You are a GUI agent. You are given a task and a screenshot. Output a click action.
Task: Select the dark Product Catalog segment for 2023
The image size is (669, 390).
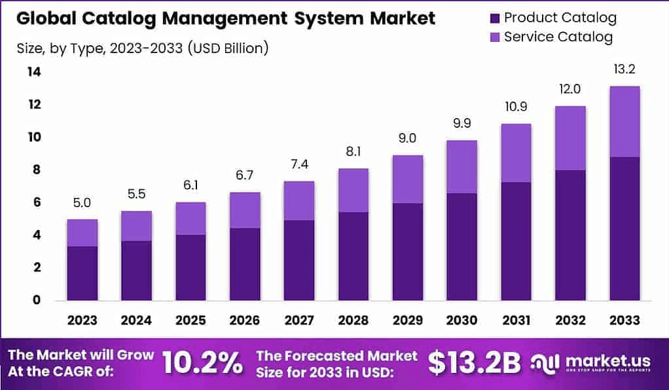(x=82, y=273)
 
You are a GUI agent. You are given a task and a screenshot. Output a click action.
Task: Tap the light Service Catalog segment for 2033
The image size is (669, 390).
(x=624, y=121)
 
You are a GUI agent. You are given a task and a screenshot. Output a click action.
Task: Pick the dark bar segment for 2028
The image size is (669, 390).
(x=353, y=256)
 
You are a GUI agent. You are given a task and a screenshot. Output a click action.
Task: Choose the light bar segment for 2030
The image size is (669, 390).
(x=462, y=166)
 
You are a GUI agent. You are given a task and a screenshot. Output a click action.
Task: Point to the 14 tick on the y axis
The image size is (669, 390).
(x=34, y=72)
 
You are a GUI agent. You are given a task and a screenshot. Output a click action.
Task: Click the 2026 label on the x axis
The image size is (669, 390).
(x=245, y=321)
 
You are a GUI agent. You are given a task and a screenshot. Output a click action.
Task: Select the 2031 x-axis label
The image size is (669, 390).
(x=516, y=321)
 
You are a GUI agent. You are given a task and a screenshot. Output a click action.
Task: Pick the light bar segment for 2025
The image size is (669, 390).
(x=190, y=218)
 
